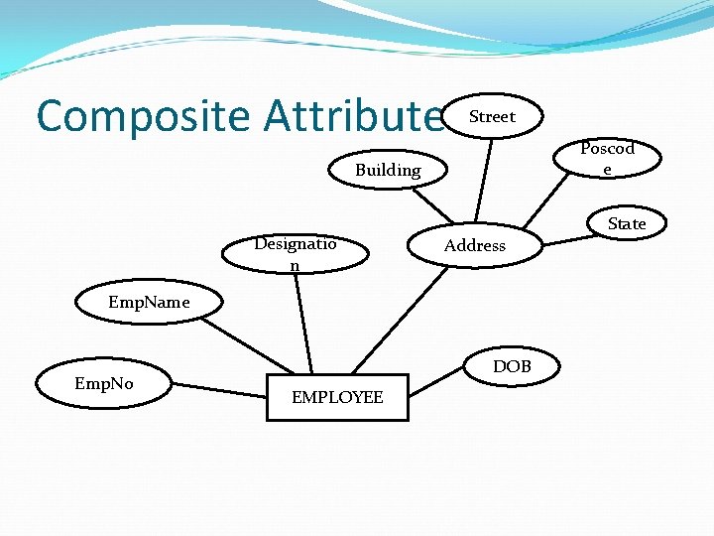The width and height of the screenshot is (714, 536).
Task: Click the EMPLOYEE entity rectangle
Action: click(x=337, y=397)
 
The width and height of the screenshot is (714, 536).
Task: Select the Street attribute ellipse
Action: click(x=493, y=117)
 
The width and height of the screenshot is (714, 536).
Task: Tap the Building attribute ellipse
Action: click(x=388, y=171)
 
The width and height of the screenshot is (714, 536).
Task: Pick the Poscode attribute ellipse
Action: click(x=607, y=158)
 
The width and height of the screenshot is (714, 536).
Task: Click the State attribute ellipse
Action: click(x=626, y=224)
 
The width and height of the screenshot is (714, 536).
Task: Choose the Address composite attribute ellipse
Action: click(x=475, y=245)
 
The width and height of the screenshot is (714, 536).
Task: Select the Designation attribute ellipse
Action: click(x=296, y=253)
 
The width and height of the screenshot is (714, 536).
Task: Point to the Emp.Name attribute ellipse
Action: click(x=149, y=303)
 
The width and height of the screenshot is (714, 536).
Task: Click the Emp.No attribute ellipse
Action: click(x=104, y=383)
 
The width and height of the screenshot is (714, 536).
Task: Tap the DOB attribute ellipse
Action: click(x=512, y=367)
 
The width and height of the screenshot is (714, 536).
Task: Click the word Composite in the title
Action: click(x=143, y=116)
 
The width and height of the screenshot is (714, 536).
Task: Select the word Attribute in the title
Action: click(x=353, y=116)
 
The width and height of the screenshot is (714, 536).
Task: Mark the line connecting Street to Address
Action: click(x=484, y=179)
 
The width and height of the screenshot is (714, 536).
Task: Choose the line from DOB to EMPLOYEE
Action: click(x=436, y=376)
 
